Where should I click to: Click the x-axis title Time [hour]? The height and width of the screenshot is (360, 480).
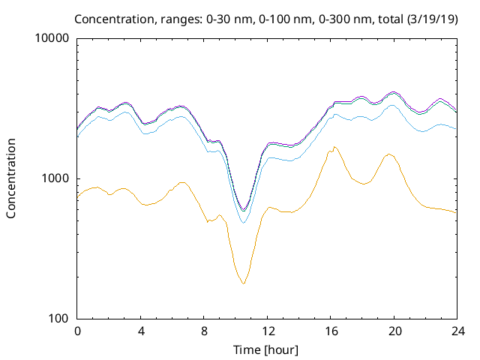267,349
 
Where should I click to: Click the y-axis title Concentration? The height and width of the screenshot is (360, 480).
11,178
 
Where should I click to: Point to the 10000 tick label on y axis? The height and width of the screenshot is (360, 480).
52,39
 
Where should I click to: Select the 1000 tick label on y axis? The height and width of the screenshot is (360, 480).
55,178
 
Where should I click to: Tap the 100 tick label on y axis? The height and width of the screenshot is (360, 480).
58,319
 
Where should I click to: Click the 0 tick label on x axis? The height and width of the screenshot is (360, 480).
77,331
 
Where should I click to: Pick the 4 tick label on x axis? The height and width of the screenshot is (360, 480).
141,331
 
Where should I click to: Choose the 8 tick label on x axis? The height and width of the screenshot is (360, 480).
204,331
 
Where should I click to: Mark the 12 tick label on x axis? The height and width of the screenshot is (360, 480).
267,331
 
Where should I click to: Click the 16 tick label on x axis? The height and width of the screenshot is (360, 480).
331,331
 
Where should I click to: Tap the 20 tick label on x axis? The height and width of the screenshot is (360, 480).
394,331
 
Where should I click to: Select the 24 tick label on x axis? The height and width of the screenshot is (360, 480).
457,331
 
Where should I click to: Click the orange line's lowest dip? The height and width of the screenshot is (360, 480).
243,283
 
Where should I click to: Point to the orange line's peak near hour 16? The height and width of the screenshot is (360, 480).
334,147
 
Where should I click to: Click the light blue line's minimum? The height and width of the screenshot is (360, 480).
243,223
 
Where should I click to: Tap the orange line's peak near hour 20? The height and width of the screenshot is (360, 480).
389,154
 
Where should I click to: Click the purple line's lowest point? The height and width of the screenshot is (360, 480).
243,209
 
